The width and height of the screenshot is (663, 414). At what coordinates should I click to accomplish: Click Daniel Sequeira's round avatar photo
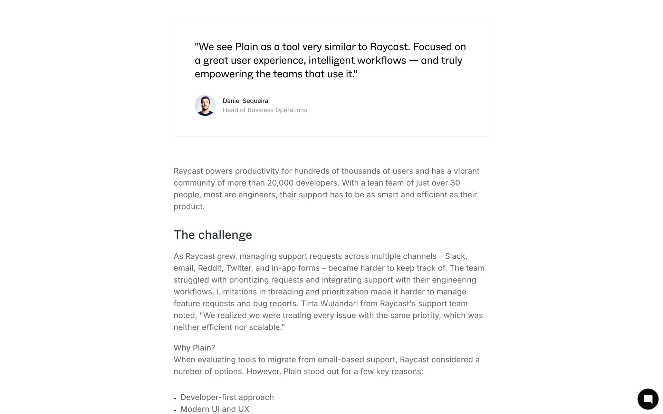(205, 106)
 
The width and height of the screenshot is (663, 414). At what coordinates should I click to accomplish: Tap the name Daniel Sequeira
(245, 101)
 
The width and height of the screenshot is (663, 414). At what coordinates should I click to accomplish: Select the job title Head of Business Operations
(265, 110)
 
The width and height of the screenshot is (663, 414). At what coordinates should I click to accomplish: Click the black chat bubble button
(648, 399)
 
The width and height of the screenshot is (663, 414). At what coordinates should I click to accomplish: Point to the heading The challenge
(213, 235)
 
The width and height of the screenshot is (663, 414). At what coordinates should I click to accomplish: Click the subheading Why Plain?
(194, 348)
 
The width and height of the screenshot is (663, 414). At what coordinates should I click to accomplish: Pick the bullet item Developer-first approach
(227, 397)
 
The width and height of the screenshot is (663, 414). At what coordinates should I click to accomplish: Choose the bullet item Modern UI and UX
(214, 409)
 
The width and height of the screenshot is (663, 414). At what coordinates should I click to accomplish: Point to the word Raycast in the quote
(390, 47)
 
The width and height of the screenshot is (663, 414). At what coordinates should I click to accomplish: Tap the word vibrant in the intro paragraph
(466, 171)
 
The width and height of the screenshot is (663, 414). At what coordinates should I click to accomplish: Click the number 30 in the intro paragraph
(455, 183)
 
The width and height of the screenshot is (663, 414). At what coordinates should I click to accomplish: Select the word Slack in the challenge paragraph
(455, 256)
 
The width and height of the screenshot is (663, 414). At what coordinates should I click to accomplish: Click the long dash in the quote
(413, 61)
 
